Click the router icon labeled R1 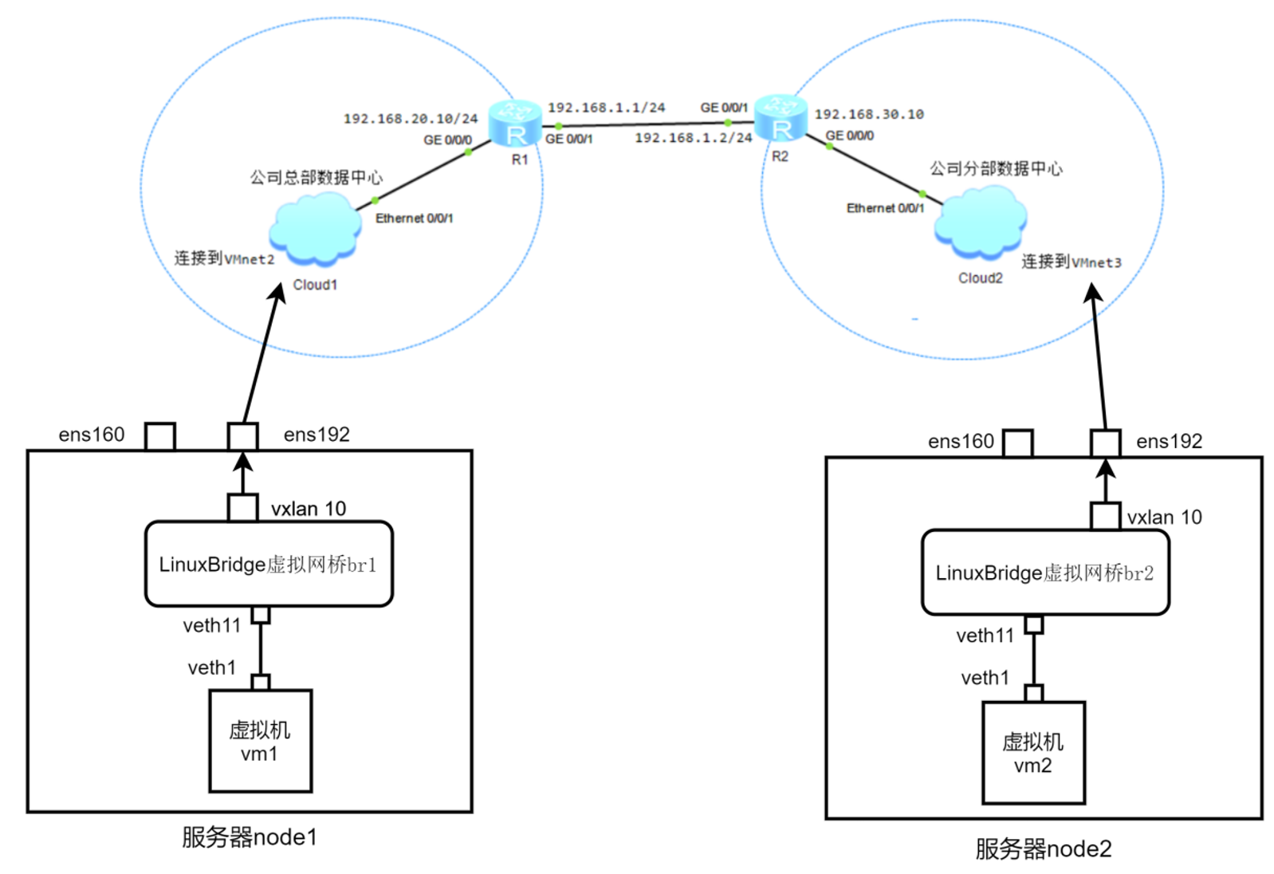pyautogui.click(x=515, y=124)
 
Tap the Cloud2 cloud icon pyautogui.click(x=980, y=222)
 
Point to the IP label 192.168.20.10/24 pyautogui.click(x=411, y=119)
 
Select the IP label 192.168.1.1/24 pyautogui.click(x=606, y=108)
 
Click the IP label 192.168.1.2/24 pyautogui.click(x=693, y=138)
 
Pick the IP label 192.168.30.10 pyautogui.click(x=869, y=115)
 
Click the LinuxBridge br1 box pyautogui.click(x=269, y=564)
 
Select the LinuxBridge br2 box pyautogui.click(x=1045, y=573)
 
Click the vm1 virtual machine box pyautogui.click(x=260, y=741)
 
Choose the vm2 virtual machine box pyautogui.click(x=1033, y=753)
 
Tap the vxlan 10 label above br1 pyautogui.click(x=309, y=509)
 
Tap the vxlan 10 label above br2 pyautogui.click(x=1164, y=518)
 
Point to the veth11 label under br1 pyautogui.click(x=211, y=626)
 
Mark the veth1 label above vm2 pyautogui.click(x=985, y=678)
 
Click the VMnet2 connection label pyautogui.click(x=224, y=259)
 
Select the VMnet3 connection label pyautogui.click(x=1071, y=262)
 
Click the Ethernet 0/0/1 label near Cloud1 pyautogui.click(x=414, y=218)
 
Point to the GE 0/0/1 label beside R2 pyautogui.click(x=724, y=108)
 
